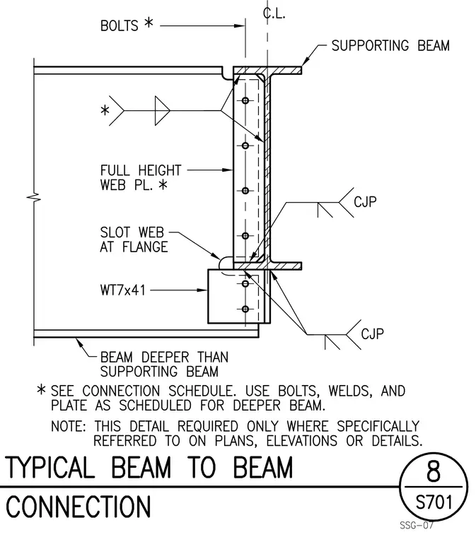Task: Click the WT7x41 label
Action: (x=122, y=290)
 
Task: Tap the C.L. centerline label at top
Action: (x=274, y=13)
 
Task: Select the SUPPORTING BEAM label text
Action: (x=390, y=45)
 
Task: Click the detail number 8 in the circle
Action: (x=434, y=471)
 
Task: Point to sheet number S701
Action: (x=434, y=502)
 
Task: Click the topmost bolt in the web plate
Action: (x=245, y=100)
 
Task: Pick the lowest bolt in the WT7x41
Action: (x=245, y=309)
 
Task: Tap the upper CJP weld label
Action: (x=365, y=201)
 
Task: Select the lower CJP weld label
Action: (x=372, y=334)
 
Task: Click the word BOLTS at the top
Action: (x=120, y=26)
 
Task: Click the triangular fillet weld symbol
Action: (x=162, y=111)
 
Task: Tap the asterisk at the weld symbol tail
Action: (x=105, y=110)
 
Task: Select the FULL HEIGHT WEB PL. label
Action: (x=141, y=177)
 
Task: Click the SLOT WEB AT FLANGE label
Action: (x=134, y=240)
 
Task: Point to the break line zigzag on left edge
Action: (x=33, y=197)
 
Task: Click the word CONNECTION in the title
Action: (x=79, y=507)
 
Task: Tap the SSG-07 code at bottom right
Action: (x=417, y=525)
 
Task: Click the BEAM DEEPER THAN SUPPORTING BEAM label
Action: (x=164, y=365)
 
